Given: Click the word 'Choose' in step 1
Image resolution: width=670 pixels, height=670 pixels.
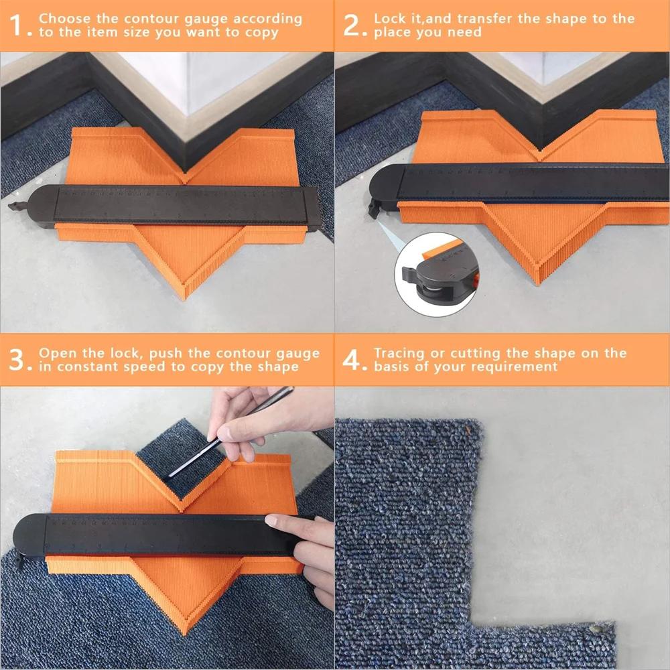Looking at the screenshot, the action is tap(64, 18).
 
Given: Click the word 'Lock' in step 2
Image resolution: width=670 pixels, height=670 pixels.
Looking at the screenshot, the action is tap(389, 18).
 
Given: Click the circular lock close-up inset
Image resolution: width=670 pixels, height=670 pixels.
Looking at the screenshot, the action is tap(436, 274).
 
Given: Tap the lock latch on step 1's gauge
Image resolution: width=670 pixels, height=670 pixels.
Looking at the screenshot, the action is tap(18, 206).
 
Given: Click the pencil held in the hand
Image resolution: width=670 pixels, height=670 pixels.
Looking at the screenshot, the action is tap(231, 432).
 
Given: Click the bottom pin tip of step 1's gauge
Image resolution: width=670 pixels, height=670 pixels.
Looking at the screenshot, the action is tap(185, 298).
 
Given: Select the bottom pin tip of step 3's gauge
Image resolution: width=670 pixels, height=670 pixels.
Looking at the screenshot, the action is tap(186, 632).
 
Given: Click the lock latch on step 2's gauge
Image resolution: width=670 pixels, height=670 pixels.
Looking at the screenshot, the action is tap(375, 208).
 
